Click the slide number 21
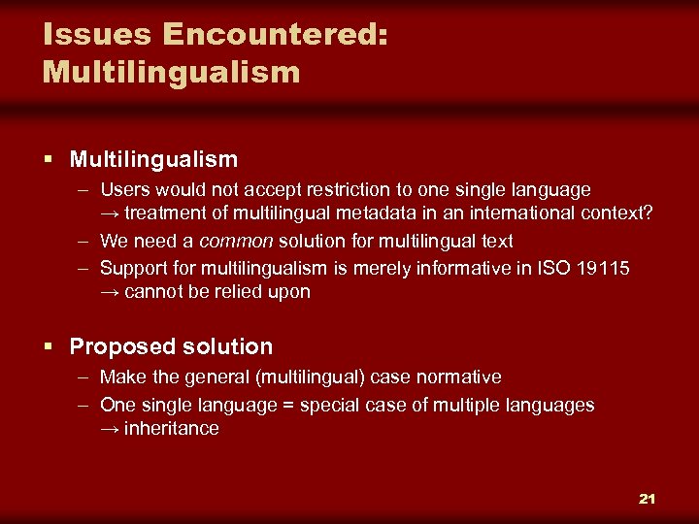point(647,499)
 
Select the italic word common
point(237,241)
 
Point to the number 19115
point(602,267)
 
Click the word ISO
point(552,267)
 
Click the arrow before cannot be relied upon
point(110,292)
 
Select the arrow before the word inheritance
point(110,429)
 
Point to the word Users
point(123,189)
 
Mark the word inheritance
point(171,429)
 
